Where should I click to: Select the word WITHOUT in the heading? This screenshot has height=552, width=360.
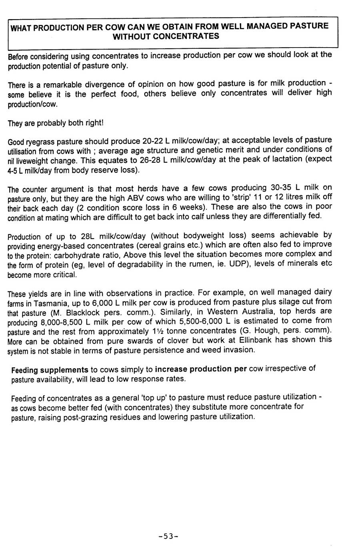click(x=130, y=37)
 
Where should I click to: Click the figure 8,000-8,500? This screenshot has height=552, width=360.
click(x=61, y=322)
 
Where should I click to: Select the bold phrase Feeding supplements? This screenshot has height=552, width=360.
click(x=50, y=370)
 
